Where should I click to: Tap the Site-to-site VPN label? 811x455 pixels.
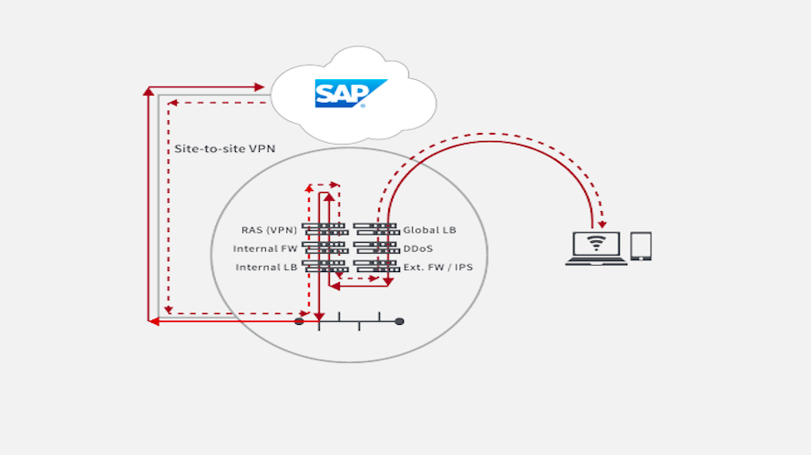pyautogui.click(x=223, y=147)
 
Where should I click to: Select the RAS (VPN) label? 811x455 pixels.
pyautogui.click(x=269, y=230)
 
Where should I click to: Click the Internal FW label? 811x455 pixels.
pyautogui.click(x=264, y=248)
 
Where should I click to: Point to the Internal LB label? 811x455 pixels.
pyautogui.click(x=266, y=268)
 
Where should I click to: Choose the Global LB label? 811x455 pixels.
pyautogui.click(x=429, y=230)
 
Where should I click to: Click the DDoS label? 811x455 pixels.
pyautogui.click(x=417, y=248)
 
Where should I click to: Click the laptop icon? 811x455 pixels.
pyautogui.click(x=597, y=248)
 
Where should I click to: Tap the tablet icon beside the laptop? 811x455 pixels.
pyautogui.click(x=641, y=246)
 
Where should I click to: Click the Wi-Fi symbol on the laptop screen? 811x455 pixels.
pyautogui.click(x=597, y=243)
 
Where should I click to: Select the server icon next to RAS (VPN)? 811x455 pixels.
pyautogui.click(x=324, y=228)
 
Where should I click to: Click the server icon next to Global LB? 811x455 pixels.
pyautogui.click(x=375, y=228)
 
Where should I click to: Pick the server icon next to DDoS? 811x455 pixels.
pyautogui.click(x=375, y=247)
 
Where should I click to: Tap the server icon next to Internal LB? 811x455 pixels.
pyautogui.click(x=324, y=266)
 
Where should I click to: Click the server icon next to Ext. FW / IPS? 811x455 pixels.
pyautogui.click(x=375, y=266)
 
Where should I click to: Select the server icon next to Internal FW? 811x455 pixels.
pyautogui.click(x=324, y=247)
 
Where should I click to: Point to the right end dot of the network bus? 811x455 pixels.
pyautogui.click(x=399, y=321)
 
